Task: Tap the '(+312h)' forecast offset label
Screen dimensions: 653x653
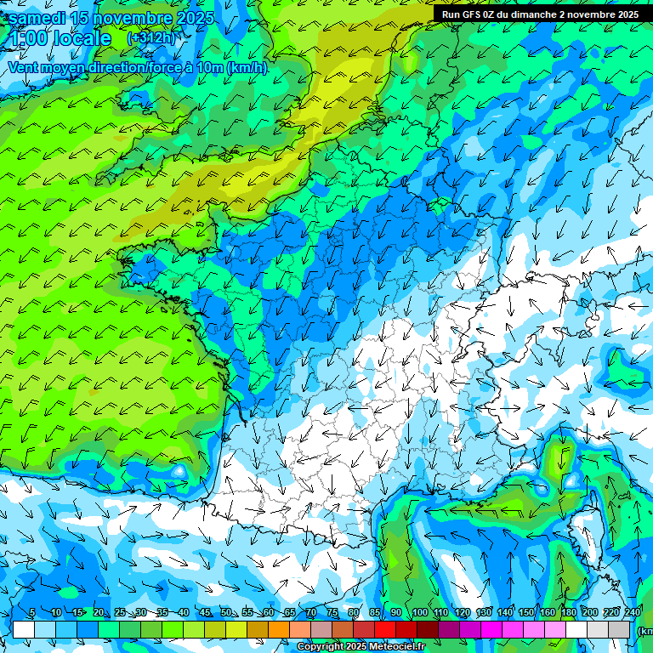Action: coord(151,37)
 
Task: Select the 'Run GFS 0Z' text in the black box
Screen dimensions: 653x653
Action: coord(472,14)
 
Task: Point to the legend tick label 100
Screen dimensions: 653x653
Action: coord(419,612)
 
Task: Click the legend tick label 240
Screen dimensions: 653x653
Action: coord(633,612)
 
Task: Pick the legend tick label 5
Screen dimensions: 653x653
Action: coord(31,612)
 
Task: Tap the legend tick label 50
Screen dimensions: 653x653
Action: coord(225,612)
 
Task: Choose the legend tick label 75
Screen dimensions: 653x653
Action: coord(332,612)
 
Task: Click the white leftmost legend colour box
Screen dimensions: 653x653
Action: coord(24,629)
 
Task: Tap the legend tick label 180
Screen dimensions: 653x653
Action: coord(568,612)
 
